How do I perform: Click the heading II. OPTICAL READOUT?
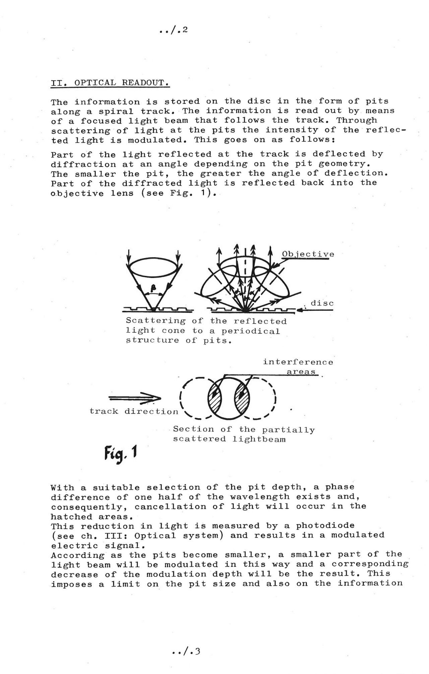(x=110, y=83)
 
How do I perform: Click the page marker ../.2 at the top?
(x=173, y=31)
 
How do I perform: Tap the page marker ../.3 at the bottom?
(x=186, y=652)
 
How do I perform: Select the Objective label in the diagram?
(x=308, y=254)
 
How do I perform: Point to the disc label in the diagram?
(x=322, y=303)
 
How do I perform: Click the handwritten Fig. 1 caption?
(x=120, y=454)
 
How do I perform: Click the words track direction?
(x=134, y=411)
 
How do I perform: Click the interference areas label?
(x=298, y=367)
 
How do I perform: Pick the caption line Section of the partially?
(x=244, y=429)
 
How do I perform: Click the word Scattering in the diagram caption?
(x=156, y=321)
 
